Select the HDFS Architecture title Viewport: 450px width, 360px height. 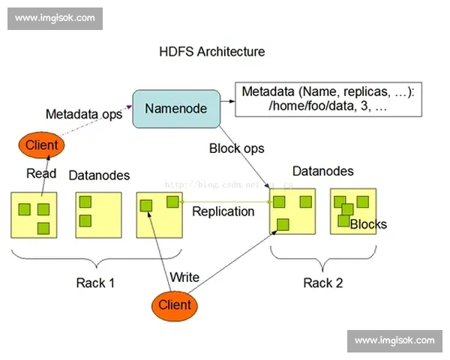point(212,52)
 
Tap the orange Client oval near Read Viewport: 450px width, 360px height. point(42,145)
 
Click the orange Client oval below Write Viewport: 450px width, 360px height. point(175,304)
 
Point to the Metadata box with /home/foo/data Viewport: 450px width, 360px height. point(328,99)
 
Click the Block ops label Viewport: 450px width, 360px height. point(236,148)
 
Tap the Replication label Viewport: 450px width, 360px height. point(223,211)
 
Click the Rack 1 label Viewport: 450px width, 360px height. point(95,283)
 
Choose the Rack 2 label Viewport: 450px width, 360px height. point(322,283)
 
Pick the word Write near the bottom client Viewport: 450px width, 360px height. point(184,277)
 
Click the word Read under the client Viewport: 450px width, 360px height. point(41,174)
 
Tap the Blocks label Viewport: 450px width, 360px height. point(368,224)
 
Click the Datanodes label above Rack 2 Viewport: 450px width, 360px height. point(322,171)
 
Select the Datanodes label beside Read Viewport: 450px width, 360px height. point(99,175)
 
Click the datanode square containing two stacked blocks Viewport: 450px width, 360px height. point(99,214)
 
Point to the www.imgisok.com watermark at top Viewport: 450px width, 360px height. point(56,17)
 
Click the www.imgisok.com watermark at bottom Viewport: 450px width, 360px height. point(394,341)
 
